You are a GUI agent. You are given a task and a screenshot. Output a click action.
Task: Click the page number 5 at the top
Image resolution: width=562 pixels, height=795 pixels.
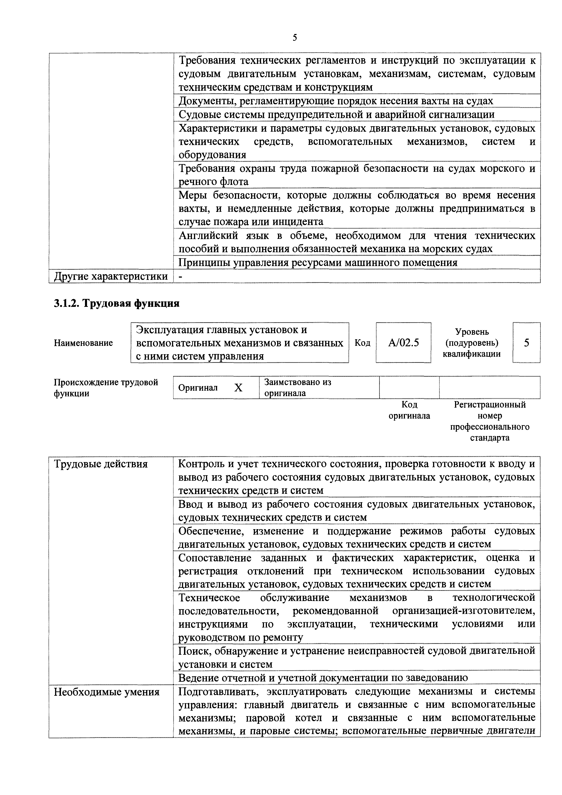point(295,37)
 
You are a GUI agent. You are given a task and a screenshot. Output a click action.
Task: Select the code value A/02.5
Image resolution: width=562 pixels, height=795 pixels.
point(403,343)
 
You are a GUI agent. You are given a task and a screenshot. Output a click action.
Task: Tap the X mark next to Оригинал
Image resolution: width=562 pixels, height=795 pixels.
point(238,388)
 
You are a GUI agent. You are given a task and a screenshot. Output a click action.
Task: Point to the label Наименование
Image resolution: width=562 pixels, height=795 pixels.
point(83,343)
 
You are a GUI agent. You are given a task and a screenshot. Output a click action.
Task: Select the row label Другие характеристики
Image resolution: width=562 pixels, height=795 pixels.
point(110,276)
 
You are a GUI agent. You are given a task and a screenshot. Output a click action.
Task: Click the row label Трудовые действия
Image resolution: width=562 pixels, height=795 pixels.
point(101,464)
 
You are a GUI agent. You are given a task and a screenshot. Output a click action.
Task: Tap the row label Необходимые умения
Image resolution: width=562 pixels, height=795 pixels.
point(107,692)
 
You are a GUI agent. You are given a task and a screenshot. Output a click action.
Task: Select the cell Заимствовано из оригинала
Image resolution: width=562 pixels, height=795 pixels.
point(298,388)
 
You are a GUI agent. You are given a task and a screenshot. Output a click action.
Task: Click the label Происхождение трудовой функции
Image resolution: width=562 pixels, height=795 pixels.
point(106,388)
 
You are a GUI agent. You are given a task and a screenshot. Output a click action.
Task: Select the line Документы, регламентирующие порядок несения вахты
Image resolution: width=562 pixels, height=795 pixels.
point(336,101)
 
